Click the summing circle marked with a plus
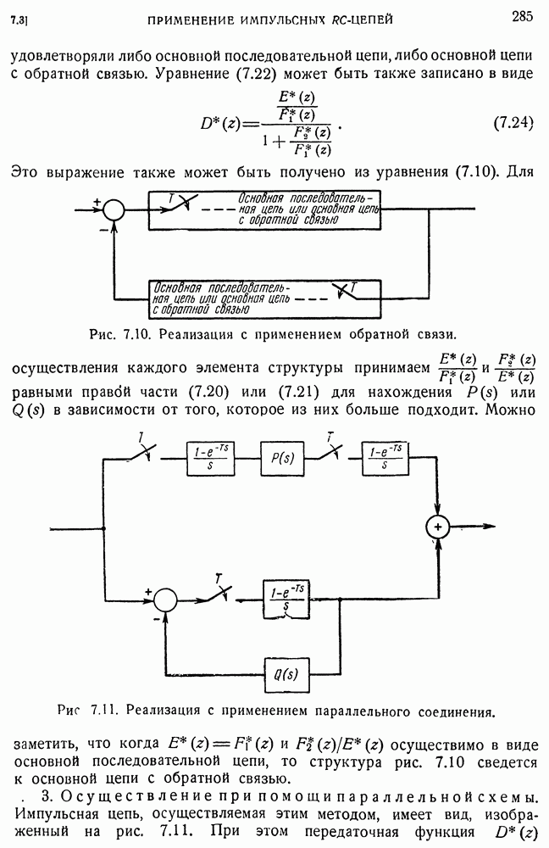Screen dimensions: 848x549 pyautogui.click(x=438, y=527)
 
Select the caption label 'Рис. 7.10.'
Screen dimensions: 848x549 pyautogui.click(x=119, y=333)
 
